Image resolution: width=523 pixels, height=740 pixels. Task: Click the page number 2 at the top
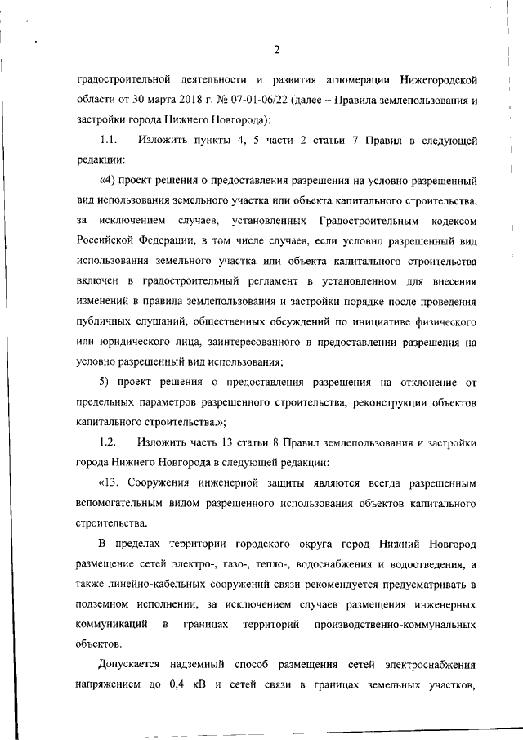277,50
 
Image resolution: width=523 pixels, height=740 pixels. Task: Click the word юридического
135,342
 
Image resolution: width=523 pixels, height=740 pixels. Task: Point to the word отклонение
430,383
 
